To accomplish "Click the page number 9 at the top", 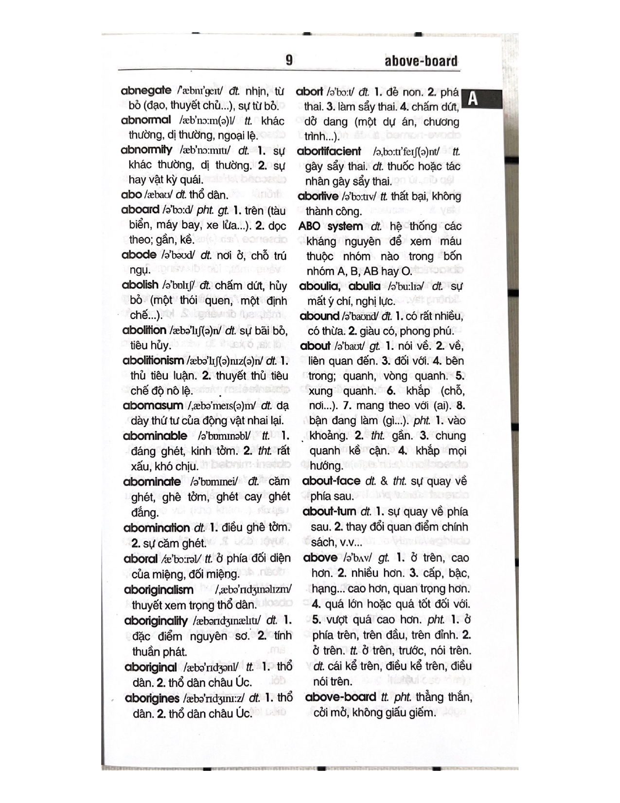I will click(289, 60).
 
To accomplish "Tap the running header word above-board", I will click(421, 61).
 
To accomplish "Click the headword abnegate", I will click(146, 91).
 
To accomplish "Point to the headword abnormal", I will click(146, 120).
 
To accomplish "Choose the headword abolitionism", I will click(153, 361).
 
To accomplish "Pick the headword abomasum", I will click(153, 406).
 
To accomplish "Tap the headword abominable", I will click(155, 436).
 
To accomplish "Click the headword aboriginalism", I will click(159, 590).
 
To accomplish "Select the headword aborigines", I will click(152, 699).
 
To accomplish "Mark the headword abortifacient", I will click(329, 151).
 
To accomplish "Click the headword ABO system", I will click(331, 226).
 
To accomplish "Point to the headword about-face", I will click(331, 481).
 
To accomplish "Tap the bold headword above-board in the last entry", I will click(340, 697).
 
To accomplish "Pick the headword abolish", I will click(140, 285).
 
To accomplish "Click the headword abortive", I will click(318, 196).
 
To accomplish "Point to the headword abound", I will click(319, 316).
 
